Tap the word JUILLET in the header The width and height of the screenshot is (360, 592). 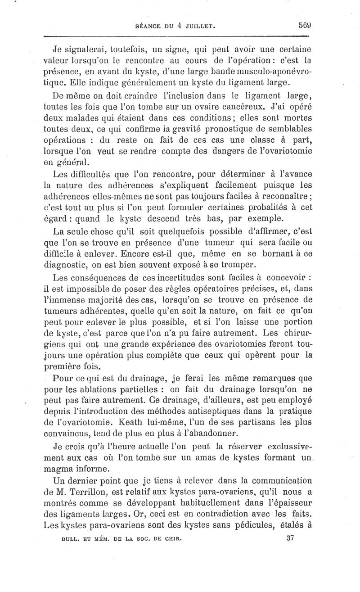[x=198, y=27]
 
